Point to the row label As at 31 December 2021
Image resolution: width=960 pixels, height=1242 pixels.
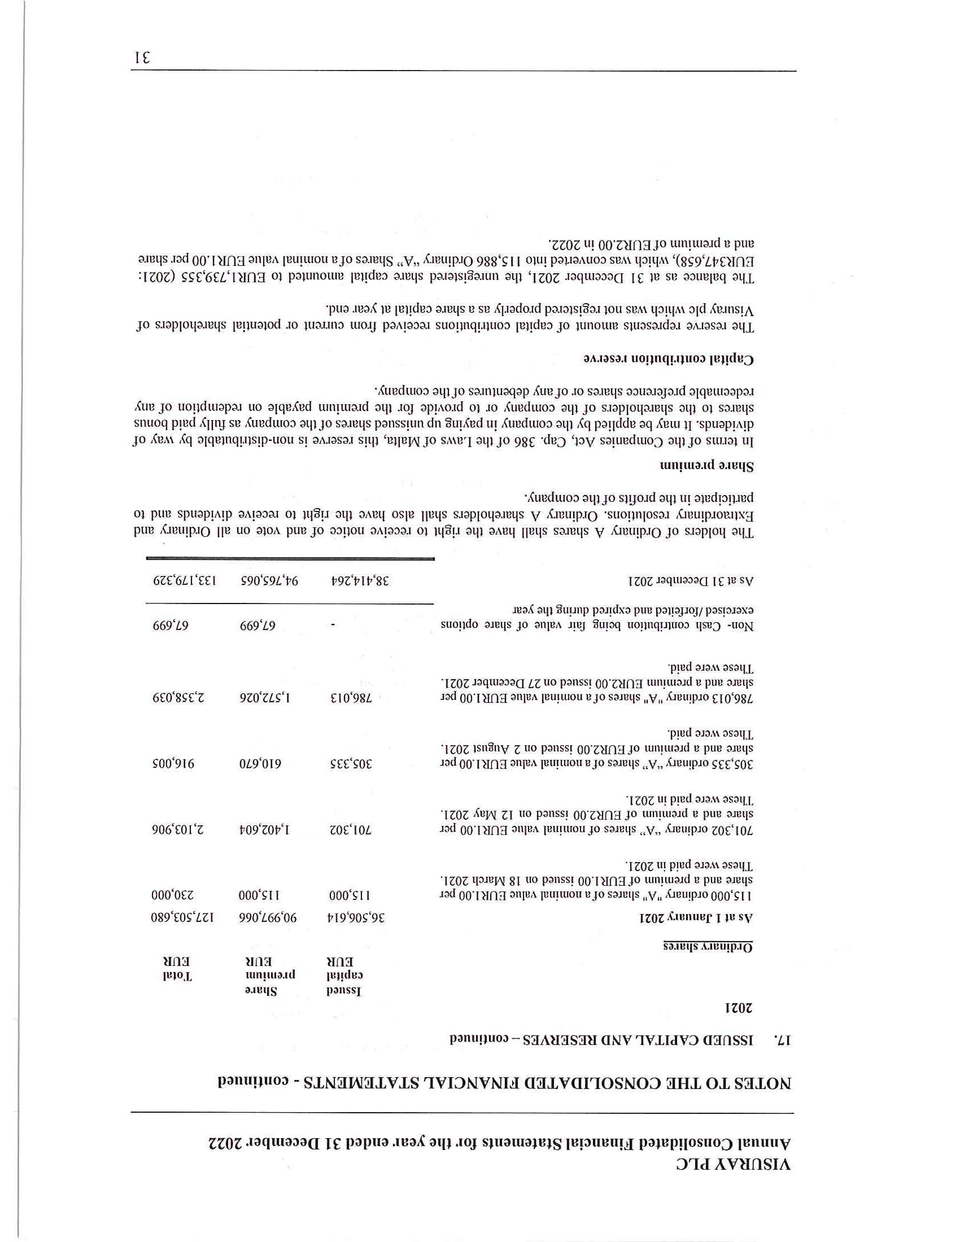(691, 581)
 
